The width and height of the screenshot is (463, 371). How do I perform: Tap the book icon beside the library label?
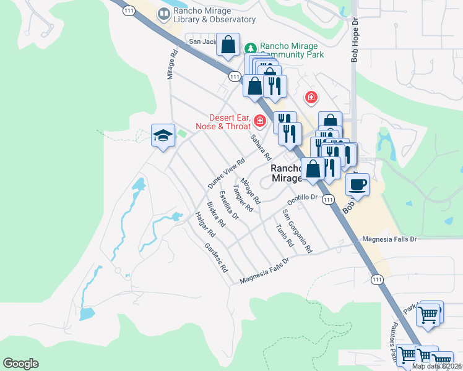click(x=163, y=14)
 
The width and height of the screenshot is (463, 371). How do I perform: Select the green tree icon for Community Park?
click(x=251, y=48)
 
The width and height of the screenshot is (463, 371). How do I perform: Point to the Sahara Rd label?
click(x=261, y=148)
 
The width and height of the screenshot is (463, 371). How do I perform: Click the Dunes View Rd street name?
click(x=223, y=173)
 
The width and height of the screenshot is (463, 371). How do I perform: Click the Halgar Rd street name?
click(x=204, y=225)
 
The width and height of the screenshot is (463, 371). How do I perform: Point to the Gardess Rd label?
click(x=217, y=258)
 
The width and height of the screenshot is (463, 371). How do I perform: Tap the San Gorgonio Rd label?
click(x=297, y=231)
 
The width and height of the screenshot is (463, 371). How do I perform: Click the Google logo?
click(x=20, y=364)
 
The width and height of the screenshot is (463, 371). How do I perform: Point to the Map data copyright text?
click(x=437, y=366)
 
